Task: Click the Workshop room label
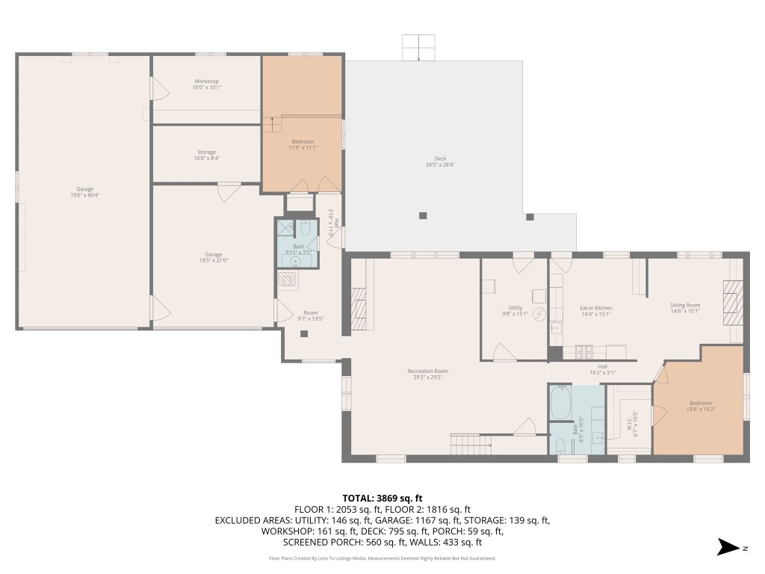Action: [206, 81]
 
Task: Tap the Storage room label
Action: [206, 152]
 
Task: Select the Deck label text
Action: [440, 158]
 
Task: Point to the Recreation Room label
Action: [427, 371]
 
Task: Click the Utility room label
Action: [515, 307]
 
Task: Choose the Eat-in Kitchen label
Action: [596, 307]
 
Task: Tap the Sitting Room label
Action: [684, 305]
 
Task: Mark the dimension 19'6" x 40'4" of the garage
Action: [84, 196]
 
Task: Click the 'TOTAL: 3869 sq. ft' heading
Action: [382, 498]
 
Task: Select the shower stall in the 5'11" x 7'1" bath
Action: [285, 228]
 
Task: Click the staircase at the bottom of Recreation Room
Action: [471, 444]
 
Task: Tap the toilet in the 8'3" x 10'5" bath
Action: [561, 446]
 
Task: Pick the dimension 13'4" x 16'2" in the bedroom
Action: [701, 410]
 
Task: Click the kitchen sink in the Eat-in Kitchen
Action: [555, 327]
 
